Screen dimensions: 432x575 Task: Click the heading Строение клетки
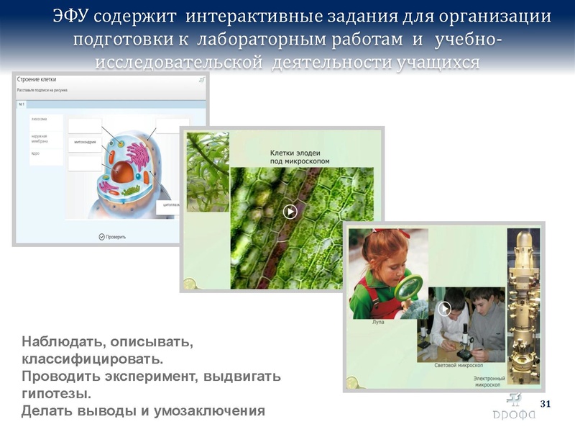[37, 80]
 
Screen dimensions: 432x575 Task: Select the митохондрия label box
[84, 143]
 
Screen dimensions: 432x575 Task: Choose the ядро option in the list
[35, 153]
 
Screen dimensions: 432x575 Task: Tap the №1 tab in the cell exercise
[21, 104]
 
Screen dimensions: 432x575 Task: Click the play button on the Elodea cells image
[290, 212]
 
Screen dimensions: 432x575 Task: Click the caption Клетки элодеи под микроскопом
[300, 157]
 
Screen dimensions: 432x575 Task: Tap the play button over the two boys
[445, 309]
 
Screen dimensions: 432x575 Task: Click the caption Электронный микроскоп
[489, 381]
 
